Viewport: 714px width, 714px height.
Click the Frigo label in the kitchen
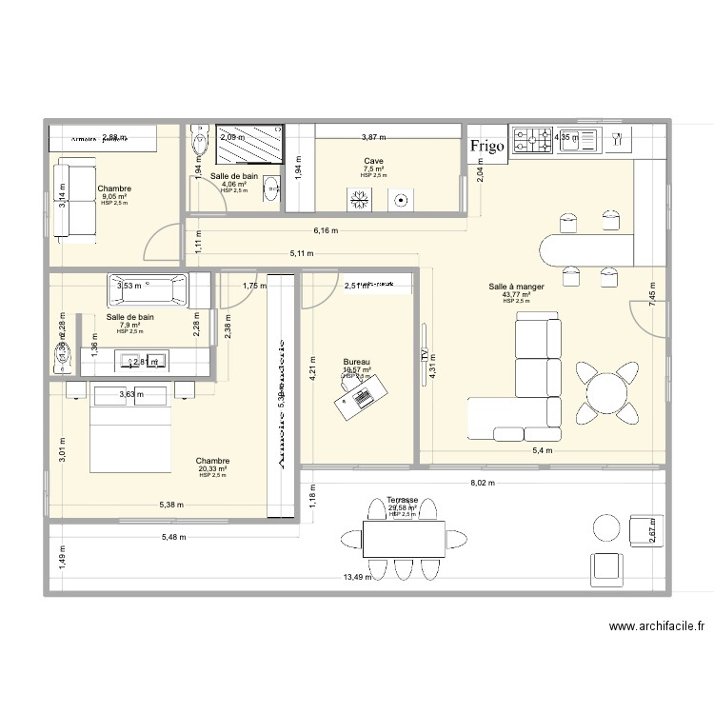point(486,147)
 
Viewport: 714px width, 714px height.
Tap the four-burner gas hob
point(532,141)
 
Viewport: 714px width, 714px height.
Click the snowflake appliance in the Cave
point(361,199)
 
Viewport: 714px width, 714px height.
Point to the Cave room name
point(373,162)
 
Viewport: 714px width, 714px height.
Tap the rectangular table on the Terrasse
point(403,539)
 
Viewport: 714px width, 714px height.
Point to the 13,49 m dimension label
point(357,577)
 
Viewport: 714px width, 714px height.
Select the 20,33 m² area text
point(213,468)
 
